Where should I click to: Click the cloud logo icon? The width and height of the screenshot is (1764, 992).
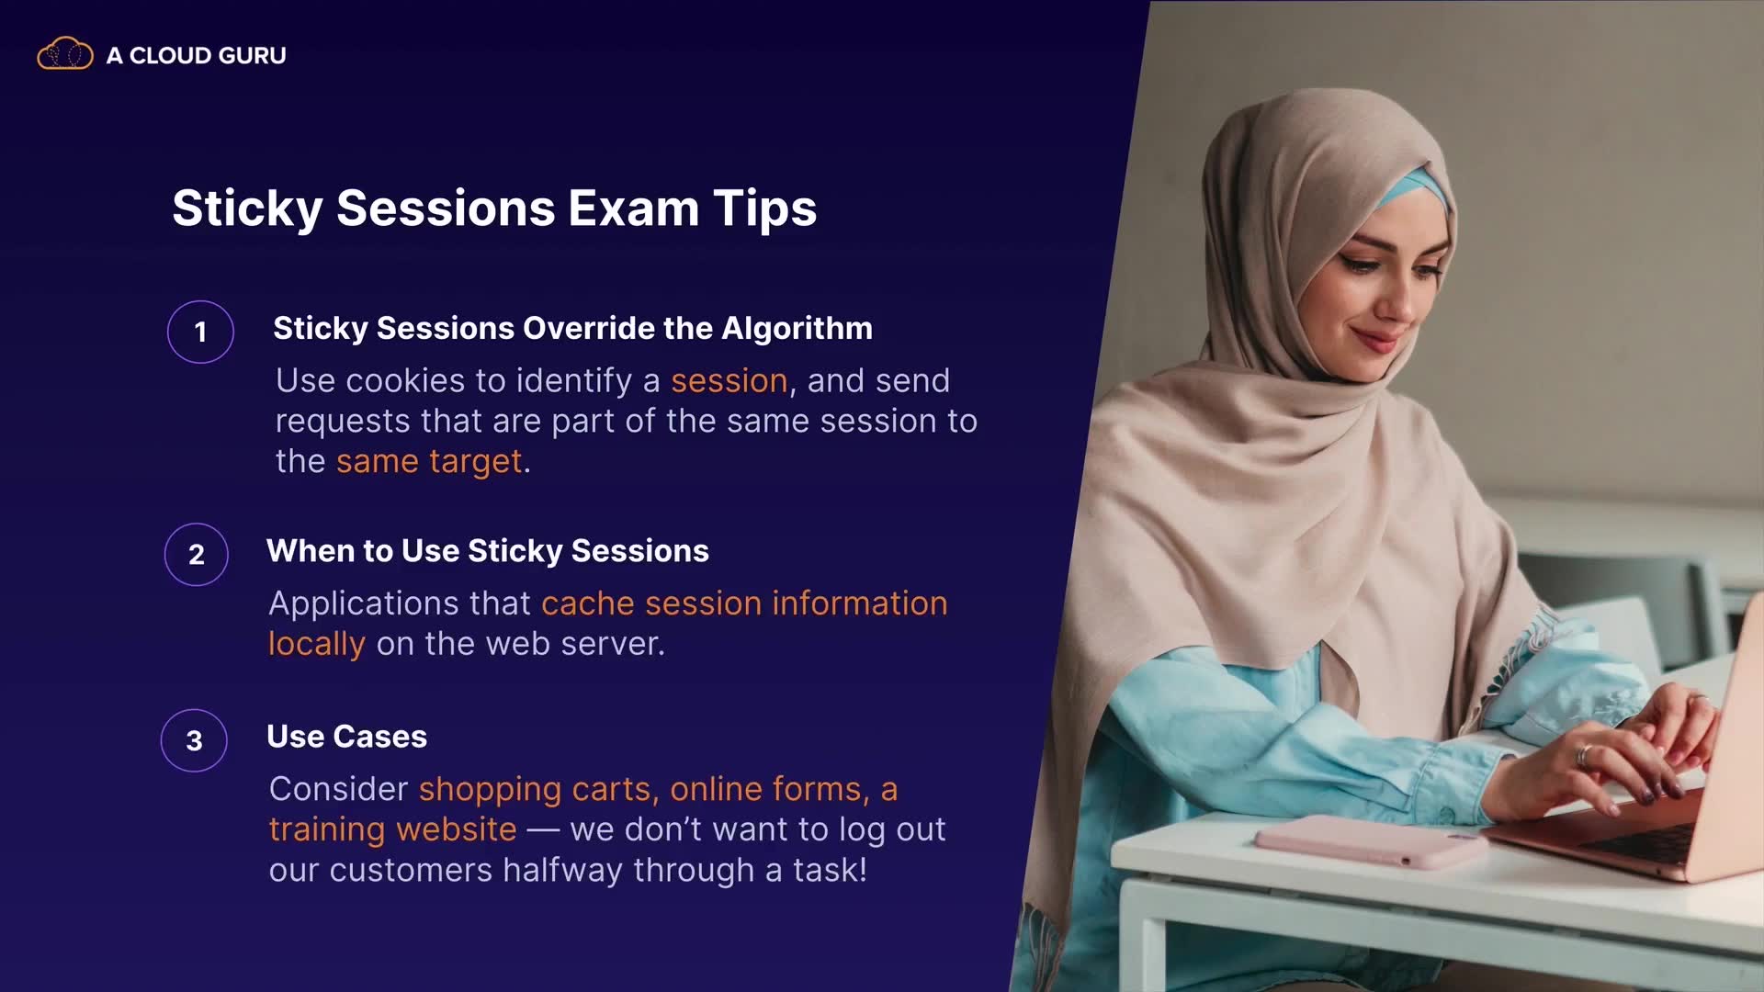coord(64,54)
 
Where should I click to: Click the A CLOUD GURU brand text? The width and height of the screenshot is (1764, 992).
coord(196,55)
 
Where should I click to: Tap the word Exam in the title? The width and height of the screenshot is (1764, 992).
coord(634,208)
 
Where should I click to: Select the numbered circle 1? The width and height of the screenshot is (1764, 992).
coord(200,332)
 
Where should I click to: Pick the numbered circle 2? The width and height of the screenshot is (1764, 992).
coord(197,554)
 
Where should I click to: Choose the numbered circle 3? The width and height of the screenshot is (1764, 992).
coord(194,740)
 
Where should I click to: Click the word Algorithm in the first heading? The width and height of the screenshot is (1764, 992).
coord(797,329)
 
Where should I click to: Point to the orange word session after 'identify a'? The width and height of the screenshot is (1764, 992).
coord(729,380)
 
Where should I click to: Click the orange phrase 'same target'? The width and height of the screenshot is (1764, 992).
coord(429,461)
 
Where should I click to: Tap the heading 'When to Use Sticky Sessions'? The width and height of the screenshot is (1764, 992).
coord(488,551)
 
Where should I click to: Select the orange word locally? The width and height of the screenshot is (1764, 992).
coord(317,643)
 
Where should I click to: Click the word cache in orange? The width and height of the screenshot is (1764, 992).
coord(588,603)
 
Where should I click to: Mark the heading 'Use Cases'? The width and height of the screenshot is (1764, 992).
coord(347,737)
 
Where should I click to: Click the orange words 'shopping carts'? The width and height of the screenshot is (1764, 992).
coord(535,789)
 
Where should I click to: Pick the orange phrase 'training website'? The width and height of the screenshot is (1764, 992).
coord(393,829)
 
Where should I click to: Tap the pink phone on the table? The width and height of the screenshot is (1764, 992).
coord(1369,840)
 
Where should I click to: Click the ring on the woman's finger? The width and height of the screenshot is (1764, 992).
coord(1583,756)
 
